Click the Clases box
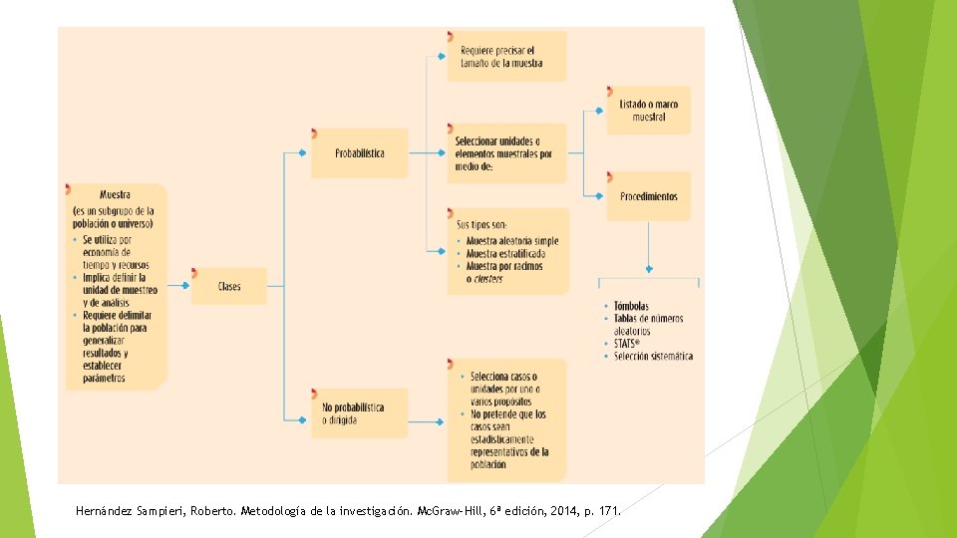pyautogui.click(x=229, y=287)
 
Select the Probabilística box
pyautogui.click(x=360, y=153)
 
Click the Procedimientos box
pyautogui.click(x=648, y=196)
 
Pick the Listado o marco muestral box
pyautogui.click(x=648, y=111)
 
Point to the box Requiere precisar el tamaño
pyautogui.click(x=506, y=56)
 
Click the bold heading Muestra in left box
pyautogui.click(x=115, y=195)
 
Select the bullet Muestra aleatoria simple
pyautogui.click(x=512, y=241)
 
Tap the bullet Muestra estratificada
pyautogui.click(x=505, y=254)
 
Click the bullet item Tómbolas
pyautogui.click(x=631, y=306)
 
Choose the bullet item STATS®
pyautogui.click(x=628, y=344)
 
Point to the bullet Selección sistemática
pyautogui.click(x=653, y=357)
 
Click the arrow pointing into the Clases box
pyautogui.click(x=179, y=287)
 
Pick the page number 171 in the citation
pyautogui.click(x=607, y=512)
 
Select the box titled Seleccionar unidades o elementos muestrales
pyautogui.click(x=506, y=153)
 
